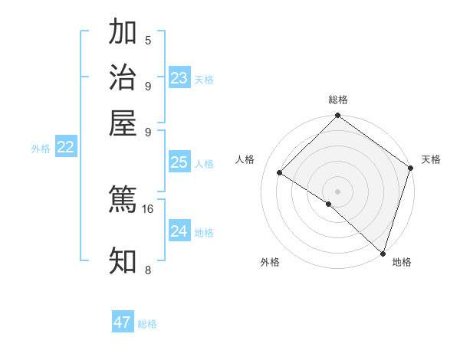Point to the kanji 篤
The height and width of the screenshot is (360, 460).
pyautogui.click(x=123, y=200)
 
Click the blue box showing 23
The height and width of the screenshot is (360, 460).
pyautogui.click(x=179, y=78)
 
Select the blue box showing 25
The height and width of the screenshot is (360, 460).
pyautogui.click(x=179, y=162)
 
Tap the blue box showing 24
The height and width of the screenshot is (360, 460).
pyautogui.click(x=179, y=231)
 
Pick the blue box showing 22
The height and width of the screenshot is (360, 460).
pyautogui.click(x=66, y=148)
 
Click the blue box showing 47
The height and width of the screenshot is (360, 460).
pyautogui.click(x=123, y=322)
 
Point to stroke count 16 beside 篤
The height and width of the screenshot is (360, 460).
pyautogui.click(x=148, y=208)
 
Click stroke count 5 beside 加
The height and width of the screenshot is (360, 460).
pyautogui.click(x=148, y=41)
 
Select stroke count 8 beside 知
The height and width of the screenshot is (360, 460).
pyautogui.click(x=148, y=270)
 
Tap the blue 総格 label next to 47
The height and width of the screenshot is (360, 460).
pyautogui.click(x=147, y=324)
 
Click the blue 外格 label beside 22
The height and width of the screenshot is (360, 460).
pyautogui.click(x=41, y=149)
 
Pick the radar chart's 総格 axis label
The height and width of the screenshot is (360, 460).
pyautogui.click(x=338, y=100)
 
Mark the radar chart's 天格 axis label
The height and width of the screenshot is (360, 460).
pyautogui.click(x=431, y=159)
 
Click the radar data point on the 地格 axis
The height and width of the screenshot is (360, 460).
pyautogui.click(x=383, y=252)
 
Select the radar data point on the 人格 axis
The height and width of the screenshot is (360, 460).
pyautogui.click(x=280, y=173)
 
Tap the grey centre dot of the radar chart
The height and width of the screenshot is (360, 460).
pyautogui.click(x=337, y=191)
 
